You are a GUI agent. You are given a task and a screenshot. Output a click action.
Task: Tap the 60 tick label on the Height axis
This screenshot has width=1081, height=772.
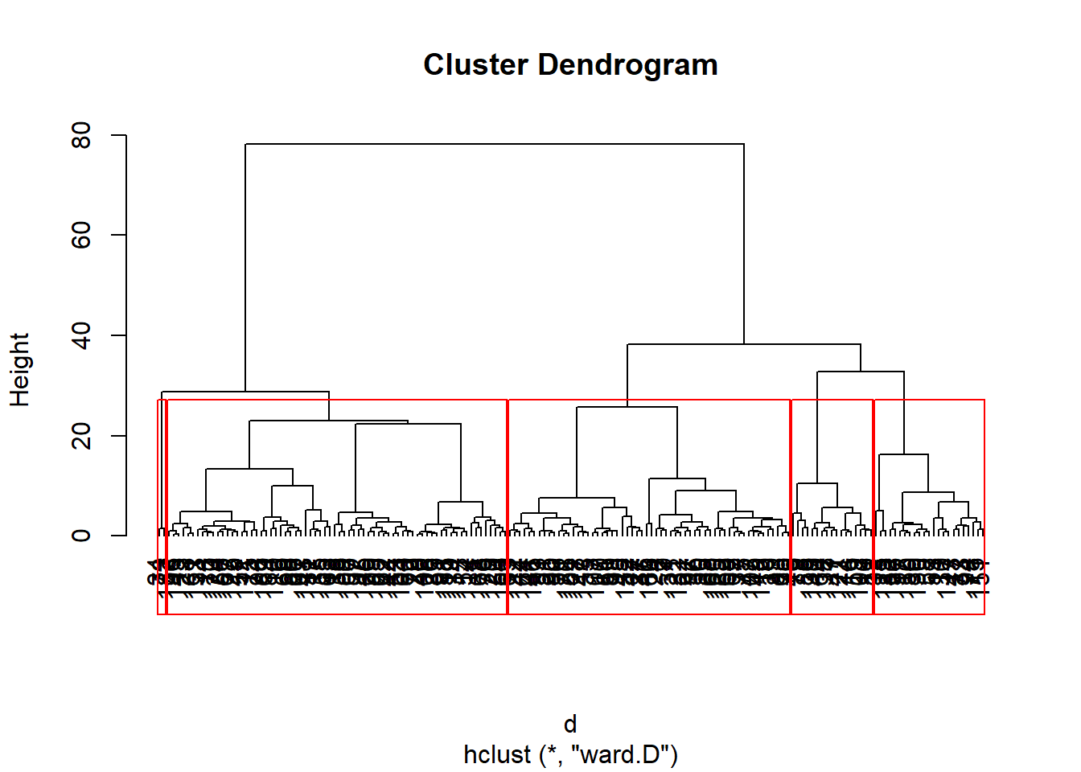(x=81, y=235)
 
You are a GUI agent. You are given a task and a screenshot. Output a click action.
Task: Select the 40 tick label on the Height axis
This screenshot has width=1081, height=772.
(x=81, y=335)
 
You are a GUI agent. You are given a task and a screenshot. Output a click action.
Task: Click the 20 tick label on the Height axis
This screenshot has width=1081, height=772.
(x=81, y=436)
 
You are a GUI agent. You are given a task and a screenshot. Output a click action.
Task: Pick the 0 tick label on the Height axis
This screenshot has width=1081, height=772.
(x=81, y=536)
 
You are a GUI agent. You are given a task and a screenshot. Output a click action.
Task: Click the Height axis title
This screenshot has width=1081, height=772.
(x=19, y=369)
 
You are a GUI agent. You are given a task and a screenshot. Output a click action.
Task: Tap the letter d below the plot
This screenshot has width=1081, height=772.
(x=570, y=725)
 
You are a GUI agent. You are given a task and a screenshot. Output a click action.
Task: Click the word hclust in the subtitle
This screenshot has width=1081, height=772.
(x=497, y=755)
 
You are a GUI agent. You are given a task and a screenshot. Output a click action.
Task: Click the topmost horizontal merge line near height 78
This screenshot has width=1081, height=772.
(x=495, y=144)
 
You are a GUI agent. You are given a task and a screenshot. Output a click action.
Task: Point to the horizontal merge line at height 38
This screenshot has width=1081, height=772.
(x=744, y=344)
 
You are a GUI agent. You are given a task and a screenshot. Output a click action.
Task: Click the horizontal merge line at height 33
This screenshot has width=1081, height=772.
(x=861, y=372)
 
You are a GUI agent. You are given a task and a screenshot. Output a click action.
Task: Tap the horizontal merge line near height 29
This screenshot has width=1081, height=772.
(x=245, y=392)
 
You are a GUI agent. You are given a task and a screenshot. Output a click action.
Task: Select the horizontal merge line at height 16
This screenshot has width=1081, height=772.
(x=903, y=454)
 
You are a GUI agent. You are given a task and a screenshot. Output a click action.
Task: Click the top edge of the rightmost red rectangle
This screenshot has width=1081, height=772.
(x=929, y=400)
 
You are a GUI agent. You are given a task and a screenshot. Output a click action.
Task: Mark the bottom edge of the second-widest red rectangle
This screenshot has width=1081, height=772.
(x=649, y=614)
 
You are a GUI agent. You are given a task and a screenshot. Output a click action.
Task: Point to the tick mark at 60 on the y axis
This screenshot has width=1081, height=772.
(x=118, y=235)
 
